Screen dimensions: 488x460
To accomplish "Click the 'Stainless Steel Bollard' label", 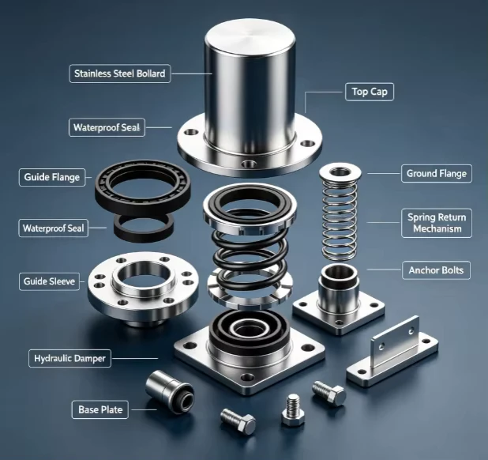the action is coord(120,74).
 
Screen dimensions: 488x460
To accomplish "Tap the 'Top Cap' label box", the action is coord(370,92).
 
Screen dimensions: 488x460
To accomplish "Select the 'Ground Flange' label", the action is coord(437,173).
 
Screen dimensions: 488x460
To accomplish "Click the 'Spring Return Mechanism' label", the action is coord(437,223).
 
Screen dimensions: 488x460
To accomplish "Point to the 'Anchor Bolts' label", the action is coord(436,270).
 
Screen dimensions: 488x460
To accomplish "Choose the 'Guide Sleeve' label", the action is coord(49,281).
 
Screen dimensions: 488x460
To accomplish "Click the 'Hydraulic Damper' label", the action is coord(69,359).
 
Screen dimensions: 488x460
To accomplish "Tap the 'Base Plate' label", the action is coord(100,409).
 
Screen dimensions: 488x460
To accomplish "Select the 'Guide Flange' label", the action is coord(52,177).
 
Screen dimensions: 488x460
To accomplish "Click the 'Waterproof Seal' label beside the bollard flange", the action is coord(107,127).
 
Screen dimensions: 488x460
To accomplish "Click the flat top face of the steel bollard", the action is coord(250,35).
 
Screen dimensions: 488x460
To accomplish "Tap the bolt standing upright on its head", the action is coord(293,409).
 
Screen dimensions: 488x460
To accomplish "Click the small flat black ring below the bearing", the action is coord(144,228).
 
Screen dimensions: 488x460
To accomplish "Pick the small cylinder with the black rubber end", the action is coord(170,392).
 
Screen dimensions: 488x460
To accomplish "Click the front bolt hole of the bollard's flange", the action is coord(250,164).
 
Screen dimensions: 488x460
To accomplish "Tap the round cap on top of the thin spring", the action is coord(340,172).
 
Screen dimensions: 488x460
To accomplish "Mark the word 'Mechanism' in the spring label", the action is coord(437,229).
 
